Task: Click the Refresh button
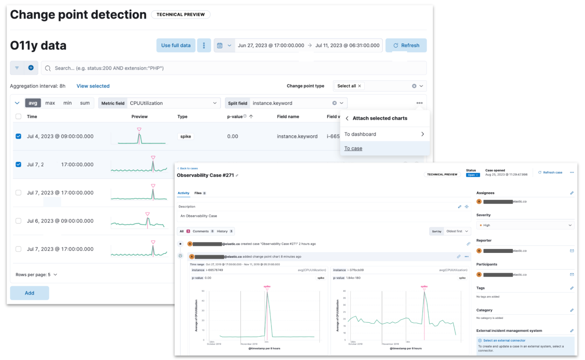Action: [x=406, y=45]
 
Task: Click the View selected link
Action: [x=93, y=86]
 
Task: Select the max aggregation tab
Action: [x=50, y=103]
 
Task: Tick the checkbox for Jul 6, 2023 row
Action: [x=18, y=221]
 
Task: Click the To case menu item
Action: [x=353, y=148]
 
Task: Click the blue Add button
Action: [x=29, y=293]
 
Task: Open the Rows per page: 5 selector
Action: [x=36, y=275]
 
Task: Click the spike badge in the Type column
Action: [x=186, y=136]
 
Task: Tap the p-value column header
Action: [x=235, y=116]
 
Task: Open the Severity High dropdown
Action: [x=525, y=225]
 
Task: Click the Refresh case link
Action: [x=550, y=173]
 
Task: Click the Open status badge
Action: [x=473, y=175]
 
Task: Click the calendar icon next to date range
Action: [x=220, y=45]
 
